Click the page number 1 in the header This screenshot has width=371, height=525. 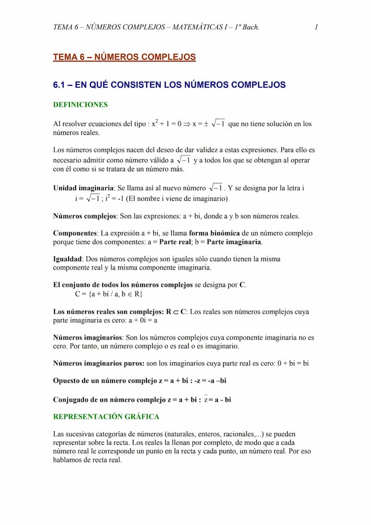[x=316, y=27]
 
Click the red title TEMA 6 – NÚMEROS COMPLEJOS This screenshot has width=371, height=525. [x=124, y=57]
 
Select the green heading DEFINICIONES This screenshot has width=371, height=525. [x=80, y=105]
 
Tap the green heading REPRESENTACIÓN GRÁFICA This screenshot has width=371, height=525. [x=106, y=417]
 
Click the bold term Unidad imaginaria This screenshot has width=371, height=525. [x=83, y=188]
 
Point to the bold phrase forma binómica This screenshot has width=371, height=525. [x=214, y=233]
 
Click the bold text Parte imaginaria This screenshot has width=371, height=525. [x=234, y=242]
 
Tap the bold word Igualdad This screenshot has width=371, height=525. [x=67, y=259]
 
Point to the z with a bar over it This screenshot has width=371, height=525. [x=206, y=399]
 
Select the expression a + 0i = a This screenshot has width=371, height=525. [x=146, y=321]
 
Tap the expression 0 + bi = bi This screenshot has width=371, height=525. [x=293, y=364]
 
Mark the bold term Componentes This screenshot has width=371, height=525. [x=75, y=233]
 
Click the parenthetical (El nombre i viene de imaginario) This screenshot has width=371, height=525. [x=177, y=199]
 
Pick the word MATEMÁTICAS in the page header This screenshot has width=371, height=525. [x=194, y=27]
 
